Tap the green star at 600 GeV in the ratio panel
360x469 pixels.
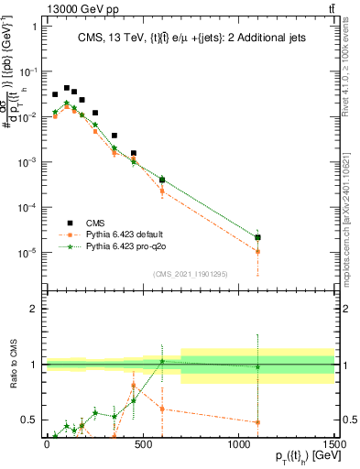tap(162, 361)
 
